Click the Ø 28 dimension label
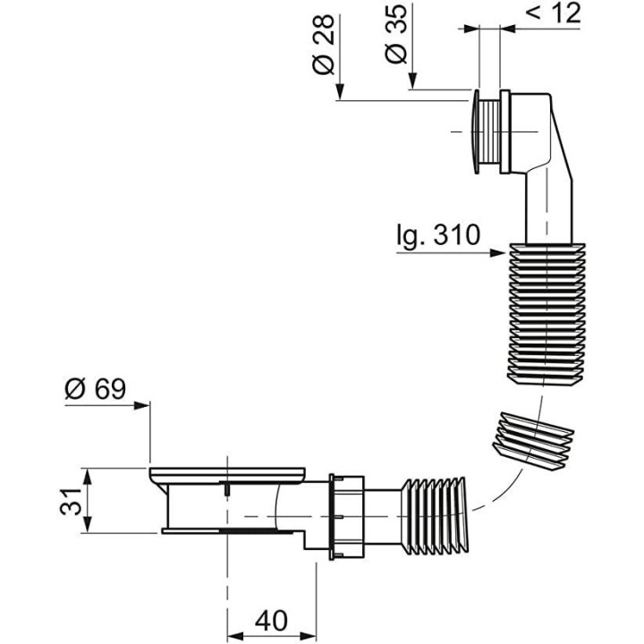coord(324,45)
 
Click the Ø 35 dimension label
coord(396,35)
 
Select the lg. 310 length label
coord(438,236)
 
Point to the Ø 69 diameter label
coord(96,388)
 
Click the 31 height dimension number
coord(71,501)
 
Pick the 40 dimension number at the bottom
coord(272,621)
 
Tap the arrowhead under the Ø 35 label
coord(412,80)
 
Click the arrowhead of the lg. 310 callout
coord(497,253)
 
